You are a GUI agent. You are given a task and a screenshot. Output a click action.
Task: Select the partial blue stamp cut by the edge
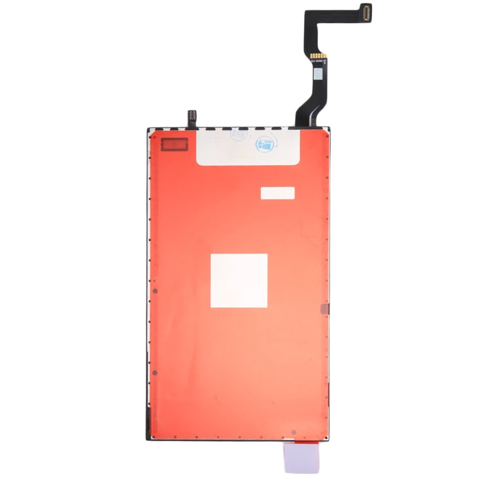point(238,136)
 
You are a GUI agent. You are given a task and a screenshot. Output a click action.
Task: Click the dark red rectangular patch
point(174,145)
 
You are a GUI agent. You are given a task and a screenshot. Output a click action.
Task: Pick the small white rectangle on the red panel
point(277,193)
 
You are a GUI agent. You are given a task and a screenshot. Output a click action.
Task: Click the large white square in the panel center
point(238,280)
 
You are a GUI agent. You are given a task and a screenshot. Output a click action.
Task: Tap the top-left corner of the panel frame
point(148,129)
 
